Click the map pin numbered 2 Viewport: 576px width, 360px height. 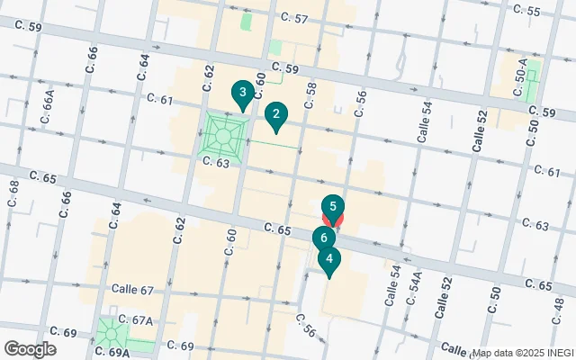(275, 115)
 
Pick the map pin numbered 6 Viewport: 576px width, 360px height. (322, 238)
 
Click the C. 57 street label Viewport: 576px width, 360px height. (294, 18)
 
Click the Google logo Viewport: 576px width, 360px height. (30, 349)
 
